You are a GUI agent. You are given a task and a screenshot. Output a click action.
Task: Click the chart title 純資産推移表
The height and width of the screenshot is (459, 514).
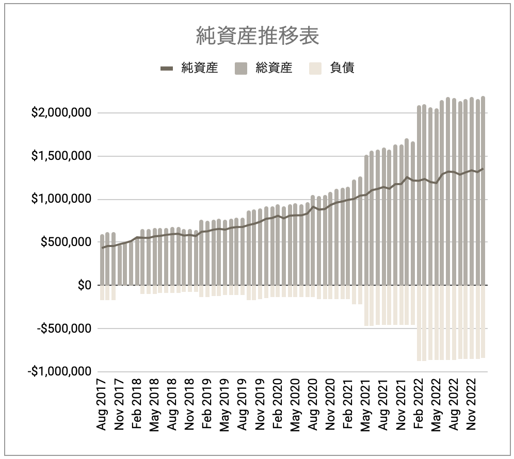pyautogui.click(x=258, y=36)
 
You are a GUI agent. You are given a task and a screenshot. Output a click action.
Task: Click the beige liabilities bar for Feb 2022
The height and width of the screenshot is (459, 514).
pyautogui.click(x=419, y=322)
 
